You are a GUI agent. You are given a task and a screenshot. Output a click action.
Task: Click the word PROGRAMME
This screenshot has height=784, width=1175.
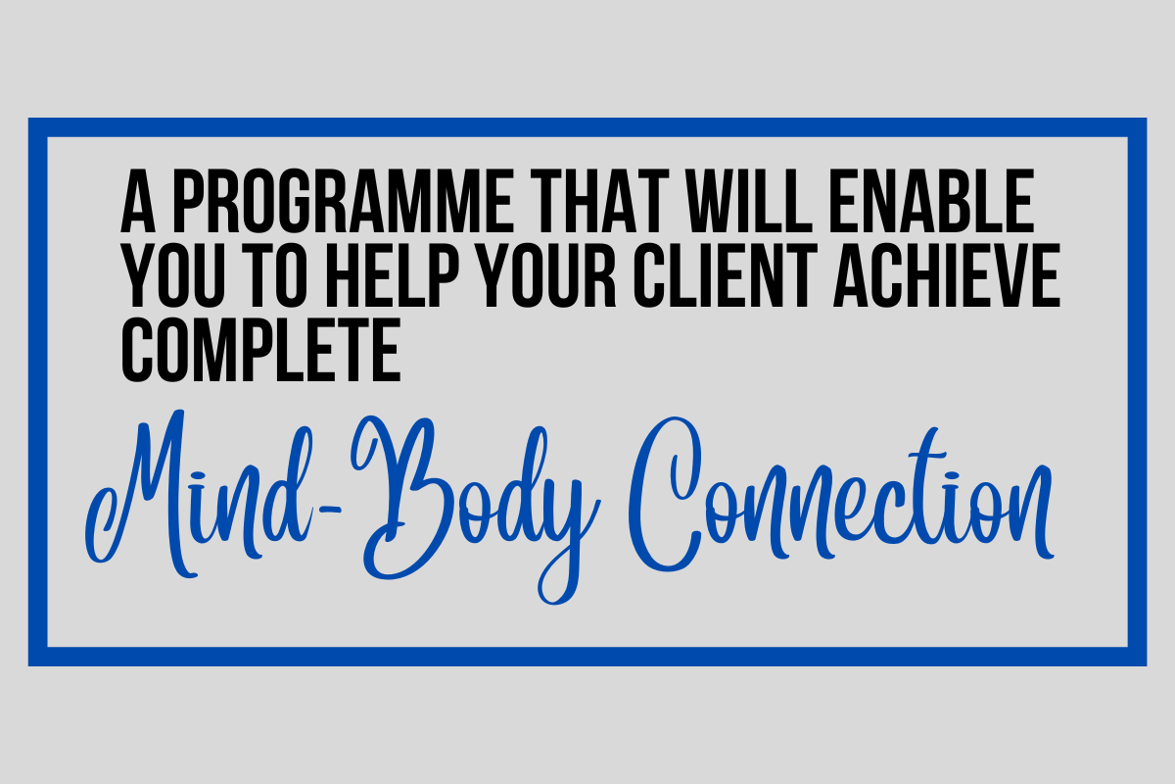click(343, 201)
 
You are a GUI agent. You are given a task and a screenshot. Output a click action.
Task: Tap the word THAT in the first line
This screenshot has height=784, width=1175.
click(600, 201)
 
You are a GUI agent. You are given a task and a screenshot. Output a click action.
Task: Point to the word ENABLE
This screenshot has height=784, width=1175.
click(931, 201)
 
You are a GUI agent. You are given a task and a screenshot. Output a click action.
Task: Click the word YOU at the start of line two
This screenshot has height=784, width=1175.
click(173, 275)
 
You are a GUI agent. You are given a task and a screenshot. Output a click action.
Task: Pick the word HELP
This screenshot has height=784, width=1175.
click(393, 275)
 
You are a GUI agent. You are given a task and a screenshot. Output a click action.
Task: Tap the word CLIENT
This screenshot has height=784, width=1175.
click(725, 275)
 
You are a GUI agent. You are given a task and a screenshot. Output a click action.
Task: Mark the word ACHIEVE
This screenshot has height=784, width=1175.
click(947, 275)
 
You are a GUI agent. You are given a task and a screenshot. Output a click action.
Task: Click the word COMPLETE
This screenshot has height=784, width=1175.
click(261, 349)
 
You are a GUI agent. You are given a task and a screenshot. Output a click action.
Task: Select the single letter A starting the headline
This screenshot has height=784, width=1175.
click(138, 201)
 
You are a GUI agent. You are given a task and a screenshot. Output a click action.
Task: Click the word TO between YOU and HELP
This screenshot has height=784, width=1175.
click(276, 275)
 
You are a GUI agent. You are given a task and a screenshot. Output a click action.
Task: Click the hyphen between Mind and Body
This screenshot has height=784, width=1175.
click(329, 508)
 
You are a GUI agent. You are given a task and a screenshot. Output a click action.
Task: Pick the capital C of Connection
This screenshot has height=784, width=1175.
click(665, 495)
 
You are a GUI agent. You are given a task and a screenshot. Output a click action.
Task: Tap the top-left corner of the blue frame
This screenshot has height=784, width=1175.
click(28, 119)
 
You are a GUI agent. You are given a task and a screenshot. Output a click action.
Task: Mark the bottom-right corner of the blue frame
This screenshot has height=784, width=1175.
click(1147, 665)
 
